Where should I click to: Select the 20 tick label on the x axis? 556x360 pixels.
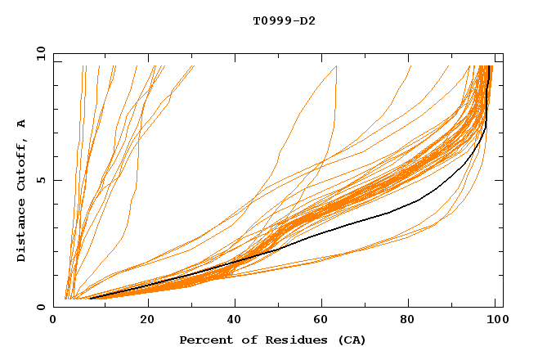pos(147,320)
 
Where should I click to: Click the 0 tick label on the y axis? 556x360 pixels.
pos(40,307)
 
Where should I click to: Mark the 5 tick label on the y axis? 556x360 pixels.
pos(40,180)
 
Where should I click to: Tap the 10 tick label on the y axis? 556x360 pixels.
pos(38,53)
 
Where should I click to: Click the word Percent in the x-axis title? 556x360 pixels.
pos(204,340)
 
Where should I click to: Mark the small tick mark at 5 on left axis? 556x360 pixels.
pos(56,180)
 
